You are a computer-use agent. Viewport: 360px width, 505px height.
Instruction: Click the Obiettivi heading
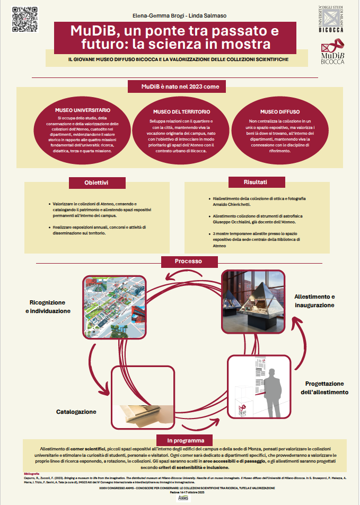pos(96,182)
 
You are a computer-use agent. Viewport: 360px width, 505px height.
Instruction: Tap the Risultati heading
pos(255,182)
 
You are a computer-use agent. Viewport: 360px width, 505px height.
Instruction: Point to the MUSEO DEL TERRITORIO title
pos(181,112)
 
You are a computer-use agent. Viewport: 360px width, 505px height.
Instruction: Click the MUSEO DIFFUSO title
pos(279,112)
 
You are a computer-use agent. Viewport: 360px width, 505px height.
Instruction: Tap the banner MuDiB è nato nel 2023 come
pos(180,86)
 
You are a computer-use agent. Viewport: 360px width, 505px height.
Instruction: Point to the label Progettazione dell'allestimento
pos(326,388)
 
